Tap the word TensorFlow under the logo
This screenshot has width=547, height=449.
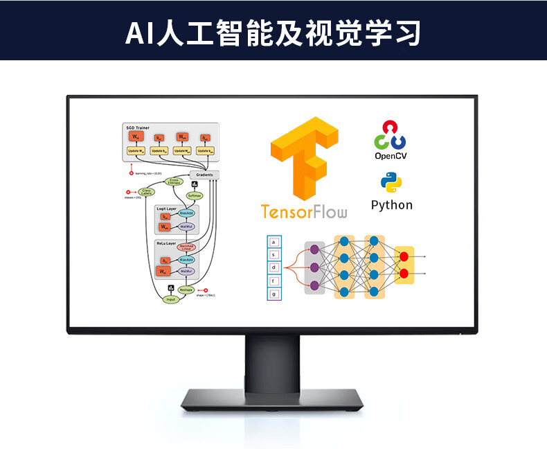click(x=304, y=211)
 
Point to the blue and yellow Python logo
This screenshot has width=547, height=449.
click(x=391, y=183)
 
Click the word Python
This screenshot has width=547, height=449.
click(x=391, y=205)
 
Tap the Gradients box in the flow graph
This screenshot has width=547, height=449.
click(x=204, y=175)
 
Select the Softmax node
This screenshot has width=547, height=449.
click(x=193, y=196)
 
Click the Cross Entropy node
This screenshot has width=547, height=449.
click(x=174, y=182)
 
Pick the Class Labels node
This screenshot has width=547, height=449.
click(x=146, y=192)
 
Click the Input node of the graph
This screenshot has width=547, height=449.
click(x=170, y=299)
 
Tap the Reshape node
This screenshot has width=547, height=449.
click(x=186, y=290)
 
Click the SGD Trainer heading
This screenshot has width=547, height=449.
click(x=138, y=128)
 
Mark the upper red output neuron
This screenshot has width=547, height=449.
click(x=404, y=258)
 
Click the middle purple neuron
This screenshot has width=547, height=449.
click(x=315, y=267)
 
